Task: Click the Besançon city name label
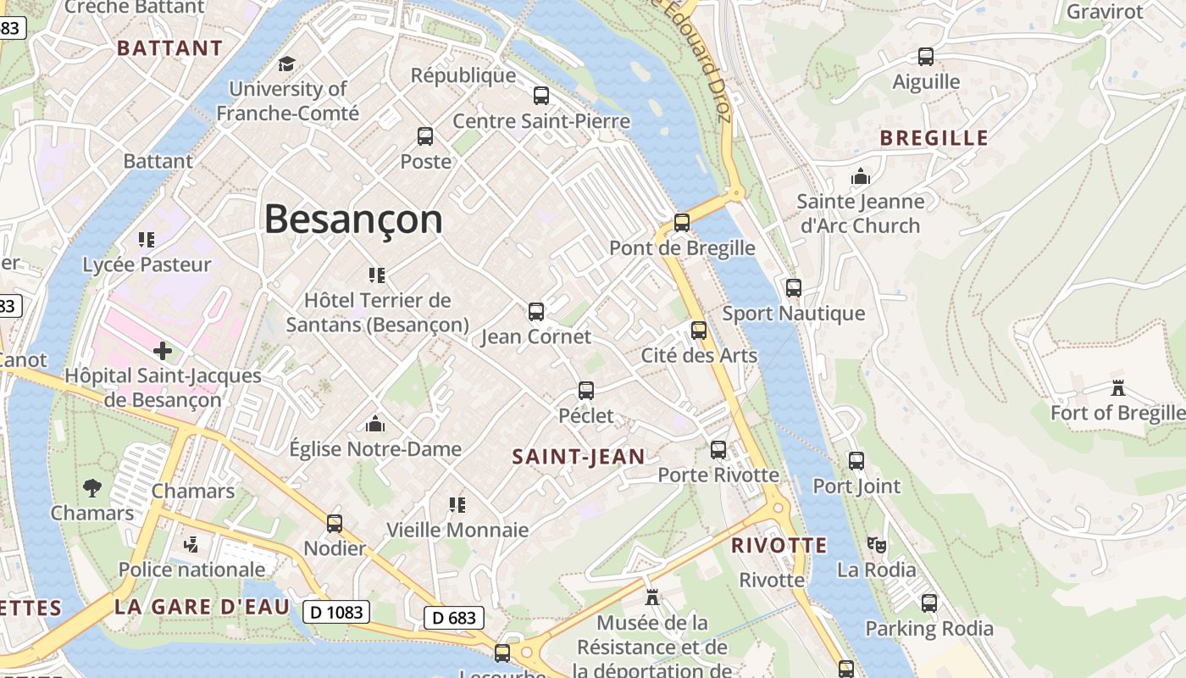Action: click(x=353, y=220)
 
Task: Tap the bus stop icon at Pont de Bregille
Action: click(x=682, y=223)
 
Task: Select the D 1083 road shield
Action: click(x=336, y=611)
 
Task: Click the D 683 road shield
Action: click(x=454, y=618)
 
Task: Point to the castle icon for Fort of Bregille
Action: click(x=1117, y=388)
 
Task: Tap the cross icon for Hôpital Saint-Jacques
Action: click(x=163, y=350)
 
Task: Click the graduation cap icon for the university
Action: click(x=287, y=64)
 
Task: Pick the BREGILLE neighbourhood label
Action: click(x=934, y=138)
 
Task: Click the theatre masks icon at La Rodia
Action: click(x=876, y=544)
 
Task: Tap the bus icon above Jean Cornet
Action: click(x=536, y=311)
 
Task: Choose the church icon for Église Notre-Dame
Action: click(x=374, y=424)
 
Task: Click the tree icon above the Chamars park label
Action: click(x=92, y=487)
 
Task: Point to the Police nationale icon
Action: click(x=191, y=544)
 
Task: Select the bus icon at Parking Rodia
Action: click(x=929, y=603)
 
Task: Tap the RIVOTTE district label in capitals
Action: click(x=779, y=546)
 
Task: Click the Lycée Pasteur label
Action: click(x=147, y=264)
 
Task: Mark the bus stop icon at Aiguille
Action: click(x=926, y=57)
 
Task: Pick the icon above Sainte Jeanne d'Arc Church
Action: click(x=860, y=176)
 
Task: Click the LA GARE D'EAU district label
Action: click(x=202, y=607)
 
